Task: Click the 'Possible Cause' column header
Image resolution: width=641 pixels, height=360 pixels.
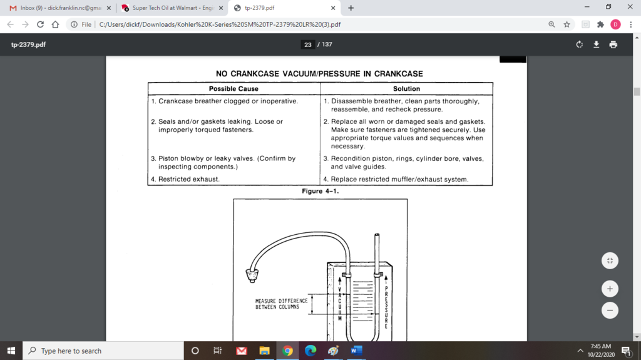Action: tap(233, 89)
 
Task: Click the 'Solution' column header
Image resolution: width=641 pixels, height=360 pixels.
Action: tap(406, 89)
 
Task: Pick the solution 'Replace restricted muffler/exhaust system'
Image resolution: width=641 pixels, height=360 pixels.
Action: tap(399, 179)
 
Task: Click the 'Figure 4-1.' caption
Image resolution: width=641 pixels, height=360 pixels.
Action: tap(320, 191)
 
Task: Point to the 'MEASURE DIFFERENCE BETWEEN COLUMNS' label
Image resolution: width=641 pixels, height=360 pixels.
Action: tap(281, 304)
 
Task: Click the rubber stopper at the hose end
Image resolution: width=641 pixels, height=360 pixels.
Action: tap(254, 274)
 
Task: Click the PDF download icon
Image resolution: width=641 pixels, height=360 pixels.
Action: tap(597, 44)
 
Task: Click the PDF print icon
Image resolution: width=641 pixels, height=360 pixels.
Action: tap(613, 44)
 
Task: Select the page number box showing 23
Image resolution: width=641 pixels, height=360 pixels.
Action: tap(307, 44)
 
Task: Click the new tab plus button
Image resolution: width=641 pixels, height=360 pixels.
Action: tap(351, 8)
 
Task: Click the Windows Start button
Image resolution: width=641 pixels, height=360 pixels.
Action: tap(11, 351)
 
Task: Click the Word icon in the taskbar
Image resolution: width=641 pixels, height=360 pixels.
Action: tap(356, 351)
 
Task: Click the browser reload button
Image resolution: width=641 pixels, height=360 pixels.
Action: tap(40, 24)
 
